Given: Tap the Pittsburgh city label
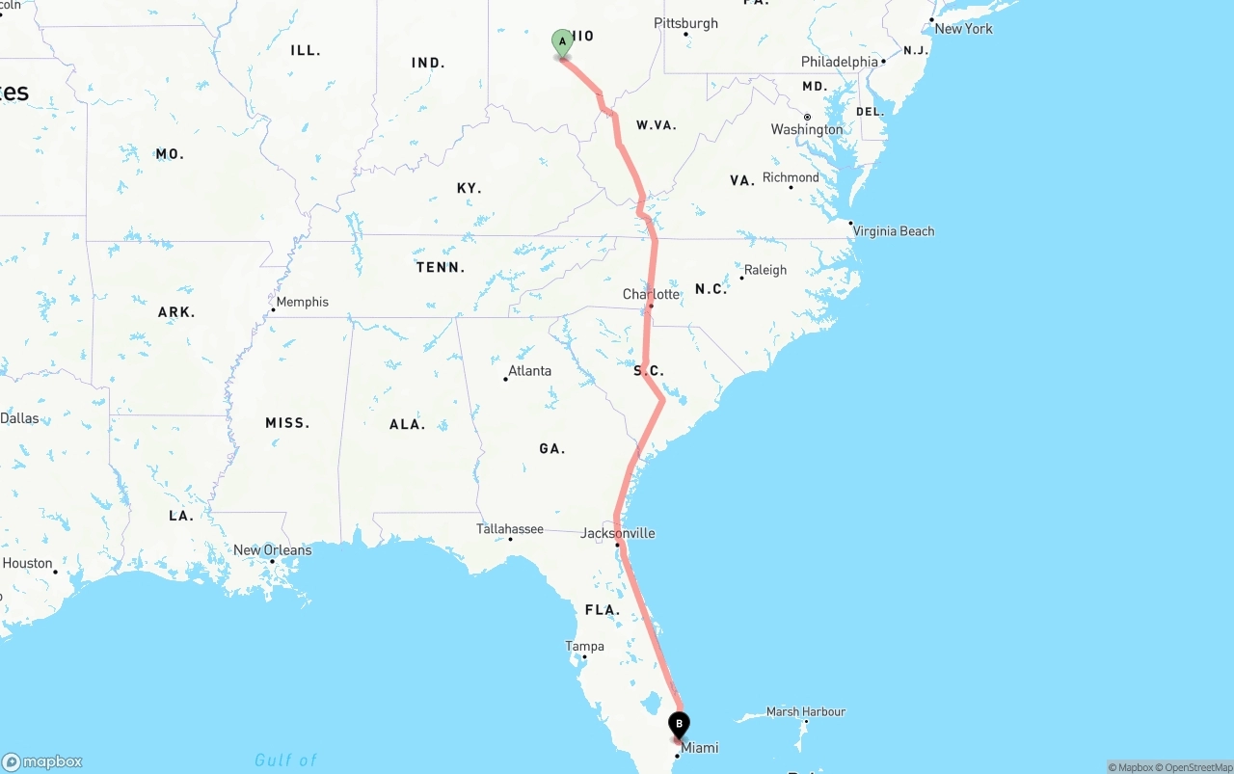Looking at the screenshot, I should [x=685, y=23].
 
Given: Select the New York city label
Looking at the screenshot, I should [x=963, y=29].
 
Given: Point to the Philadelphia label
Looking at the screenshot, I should [x=840, y=62].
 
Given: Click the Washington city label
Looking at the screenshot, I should [x=807, y=130].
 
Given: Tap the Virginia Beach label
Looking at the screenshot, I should [x=894, y=231].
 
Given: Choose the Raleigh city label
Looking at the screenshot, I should [x=765, y=270].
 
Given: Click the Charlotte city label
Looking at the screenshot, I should [x=651, y=294].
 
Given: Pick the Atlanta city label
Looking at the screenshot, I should [x=529, y=371].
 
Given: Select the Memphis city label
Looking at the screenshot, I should [x=302, y=302].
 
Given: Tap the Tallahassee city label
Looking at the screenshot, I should [x=509, y=529].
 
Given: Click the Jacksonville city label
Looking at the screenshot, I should [x=617, y=533].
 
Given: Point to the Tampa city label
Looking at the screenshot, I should [x=585, y=646].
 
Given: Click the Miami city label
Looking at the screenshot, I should [x=699, y=748].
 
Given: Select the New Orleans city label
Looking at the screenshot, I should [x=272, y=550].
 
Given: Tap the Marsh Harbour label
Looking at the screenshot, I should [x=805, y=711].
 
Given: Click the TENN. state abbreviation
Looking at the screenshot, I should [x=441, y=267].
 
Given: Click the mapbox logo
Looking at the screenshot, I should [x=42, y=761].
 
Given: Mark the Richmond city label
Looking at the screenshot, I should [x=791, y=177].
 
